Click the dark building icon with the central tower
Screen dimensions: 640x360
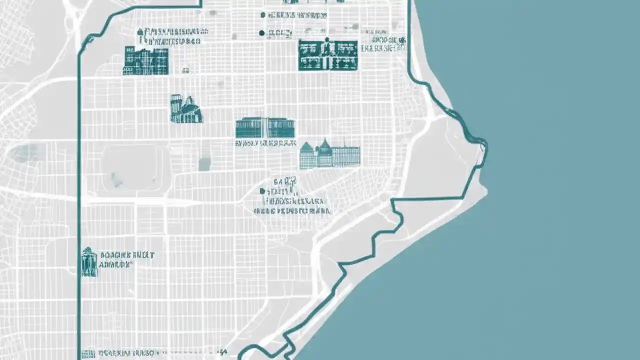328,55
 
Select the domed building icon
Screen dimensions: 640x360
186,110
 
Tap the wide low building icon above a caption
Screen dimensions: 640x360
264,128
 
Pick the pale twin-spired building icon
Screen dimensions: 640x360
329,154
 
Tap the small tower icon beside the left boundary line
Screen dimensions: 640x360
89,261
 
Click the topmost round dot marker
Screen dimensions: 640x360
262,15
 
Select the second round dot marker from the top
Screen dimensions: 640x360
261,33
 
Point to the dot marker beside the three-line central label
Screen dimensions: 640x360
262,191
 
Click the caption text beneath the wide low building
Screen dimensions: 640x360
265,143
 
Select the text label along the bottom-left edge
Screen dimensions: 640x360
127,353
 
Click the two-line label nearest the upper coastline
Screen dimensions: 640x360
383,44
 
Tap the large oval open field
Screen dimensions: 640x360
129,168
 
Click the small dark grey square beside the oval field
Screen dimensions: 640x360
203,164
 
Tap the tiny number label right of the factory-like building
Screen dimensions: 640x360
185,71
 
